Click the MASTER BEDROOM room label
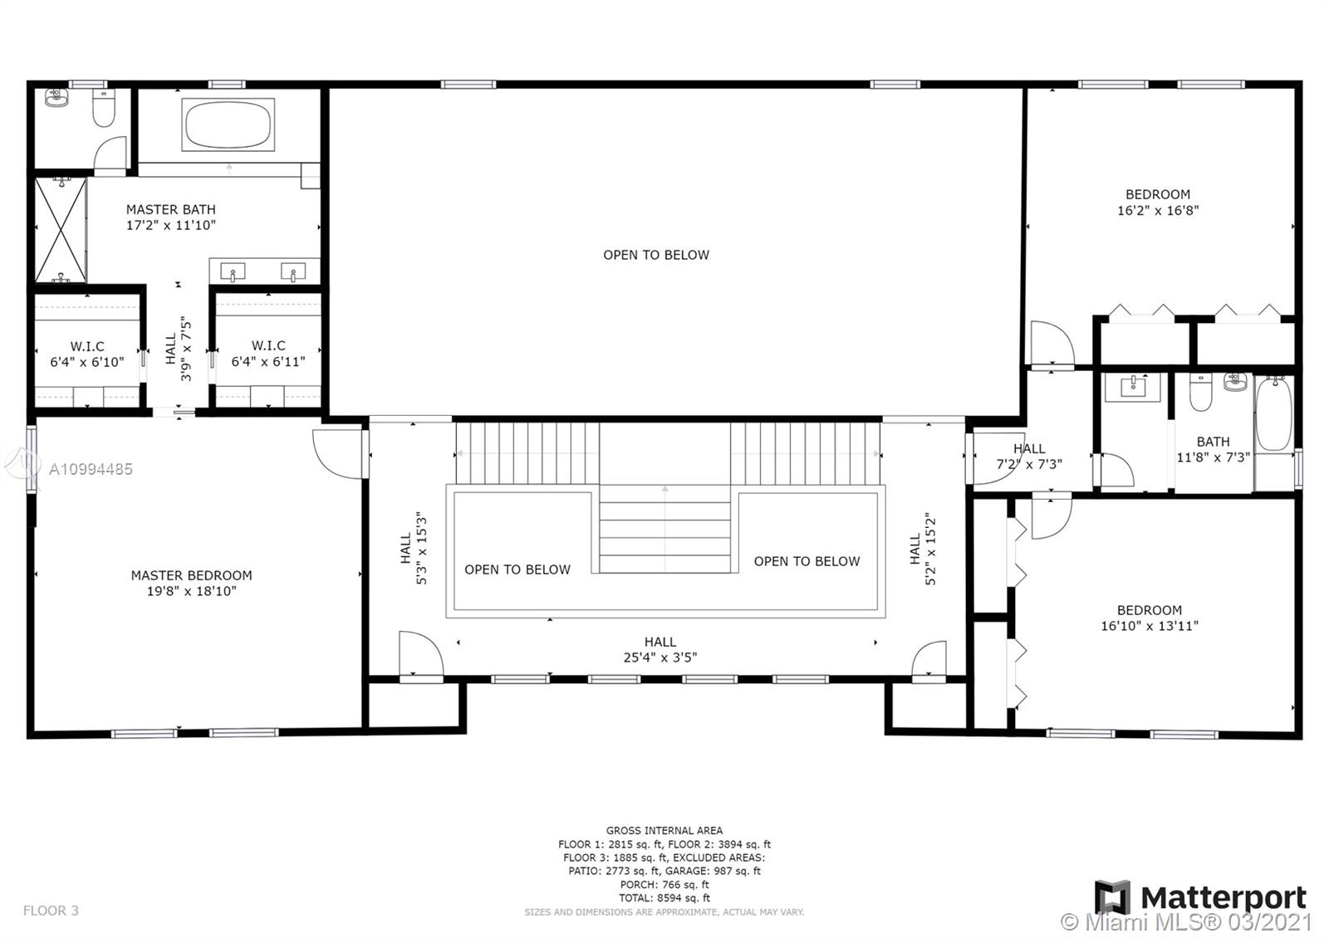tap(191, 575)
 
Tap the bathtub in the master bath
tap(228, 125)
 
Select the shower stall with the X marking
tap(61, 230)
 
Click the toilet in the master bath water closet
tap(104, 109)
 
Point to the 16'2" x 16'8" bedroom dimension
tap(1158, 211)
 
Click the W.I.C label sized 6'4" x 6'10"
tap(87, 354)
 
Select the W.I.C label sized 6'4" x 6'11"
tap(268, 354)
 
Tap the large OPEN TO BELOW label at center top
tap(656, 255)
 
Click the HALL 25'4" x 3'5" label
tap(660, 649)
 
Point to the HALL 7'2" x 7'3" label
tap(1029, 457)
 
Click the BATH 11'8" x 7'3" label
tap(1213, 449)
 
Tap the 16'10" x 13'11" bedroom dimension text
tap(1150, 626)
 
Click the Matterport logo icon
tap(1112, 897)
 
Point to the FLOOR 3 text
tap(51, 911)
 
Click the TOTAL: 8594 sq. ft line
tap(664, 898)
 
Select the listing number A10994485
tap(91, 469)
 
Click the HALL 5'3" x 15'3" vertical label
tap(413, 548)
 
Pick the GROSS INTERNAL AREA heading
tap(664, 830)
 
